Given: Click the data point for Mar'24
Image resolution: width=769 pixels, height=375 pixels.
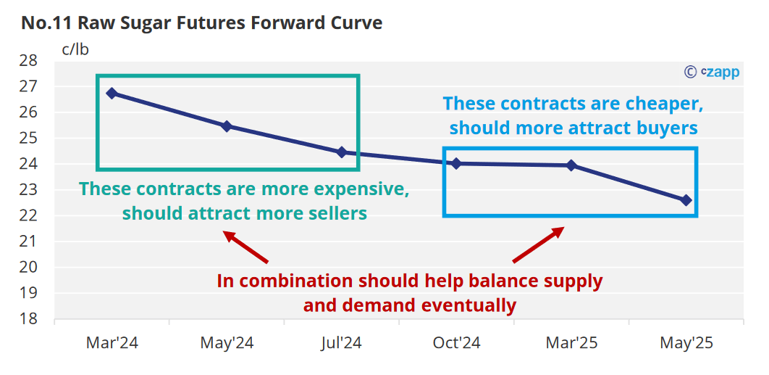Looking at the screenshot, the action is click(x=112, y=93).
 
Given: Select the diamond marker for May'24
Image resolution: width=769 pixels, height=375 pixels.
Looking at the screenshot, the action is click(x=227, y=126).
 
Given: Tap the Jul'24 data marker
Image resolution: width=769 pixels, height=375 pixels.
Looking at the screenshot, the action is click(x=342, y=152).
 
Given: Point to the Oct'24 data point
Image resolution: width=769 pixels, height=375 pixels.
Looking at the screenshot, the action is click(x=457, y=163).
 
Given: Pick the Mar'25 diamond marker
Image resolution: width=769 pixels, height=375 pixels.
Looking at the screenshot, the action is click(x=571, y=165).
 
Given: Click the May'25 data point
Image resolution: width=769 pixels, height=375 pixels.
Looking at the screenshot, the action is click(x=686, y=200).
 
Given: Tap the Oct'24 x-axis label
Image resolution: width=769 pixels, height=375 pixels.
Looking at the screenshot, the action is click(x=457, y=342).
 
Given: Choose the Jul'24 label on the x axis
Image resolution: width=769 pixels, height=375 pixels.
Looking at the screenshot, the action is click(x=342, y=342).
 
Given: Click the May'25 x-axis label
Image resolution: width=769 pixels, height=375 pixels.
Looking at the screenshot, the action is click(x=686, y=342).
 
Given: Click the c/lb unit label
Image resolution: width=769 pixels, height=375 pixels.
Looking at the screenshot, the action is click(x=75, y=49).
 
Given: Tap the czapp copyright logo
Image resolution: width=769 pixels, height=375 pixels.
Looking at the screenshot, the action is click(x=711, y=73).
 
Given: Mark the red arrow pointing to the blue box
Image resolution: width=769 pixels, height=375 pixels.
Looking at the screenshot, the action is click(x=539, y=244).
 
